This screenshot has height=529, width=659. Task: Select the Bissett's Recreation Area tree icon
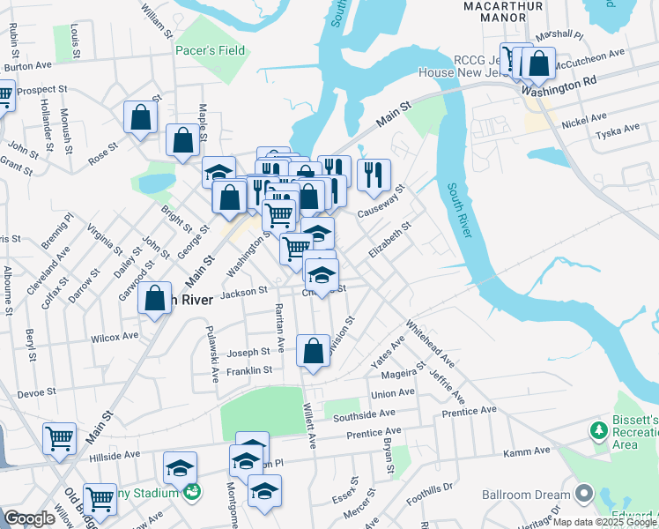[x=599, y=429]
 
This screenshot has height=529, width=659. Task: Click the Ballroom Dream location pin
[x=582, y=492]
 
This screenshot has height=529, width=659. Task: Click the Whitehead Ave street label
[x=429, y=347]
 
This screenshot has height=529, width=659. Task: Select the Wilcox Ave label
[x=115, y=336]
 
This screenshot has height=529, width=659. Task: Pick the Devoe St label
[x=36, y=390]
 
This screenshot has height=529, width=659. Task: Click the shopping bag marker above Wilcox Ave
[x=154, y=298]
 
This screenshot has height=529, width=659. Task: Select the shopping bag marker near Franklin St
[x=314, y=351]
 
